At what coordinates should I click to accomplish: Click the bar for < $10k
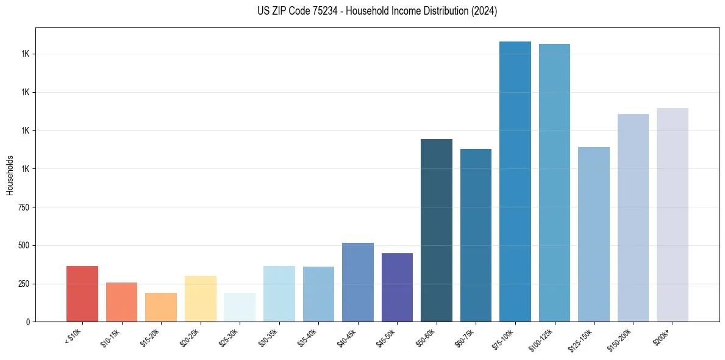82,293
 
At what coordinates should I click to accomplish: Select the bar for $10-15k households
121,302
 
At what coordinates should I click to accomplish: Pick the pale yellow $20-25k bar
201,298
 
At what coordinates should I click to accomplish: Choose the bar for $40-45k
358,282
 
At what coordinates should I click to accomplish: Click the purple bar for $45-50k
397,287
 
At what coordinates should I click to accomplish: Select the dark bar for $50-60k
437,230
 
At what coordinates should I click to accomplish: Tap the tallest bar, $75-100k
515,181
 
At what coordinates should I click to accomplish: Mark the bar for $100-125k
554,182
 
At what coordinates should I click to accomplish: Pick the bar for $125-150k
594,234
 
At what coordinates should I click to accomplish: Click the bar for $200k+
673,215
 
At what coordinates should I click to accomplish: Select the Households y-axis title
10,175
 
